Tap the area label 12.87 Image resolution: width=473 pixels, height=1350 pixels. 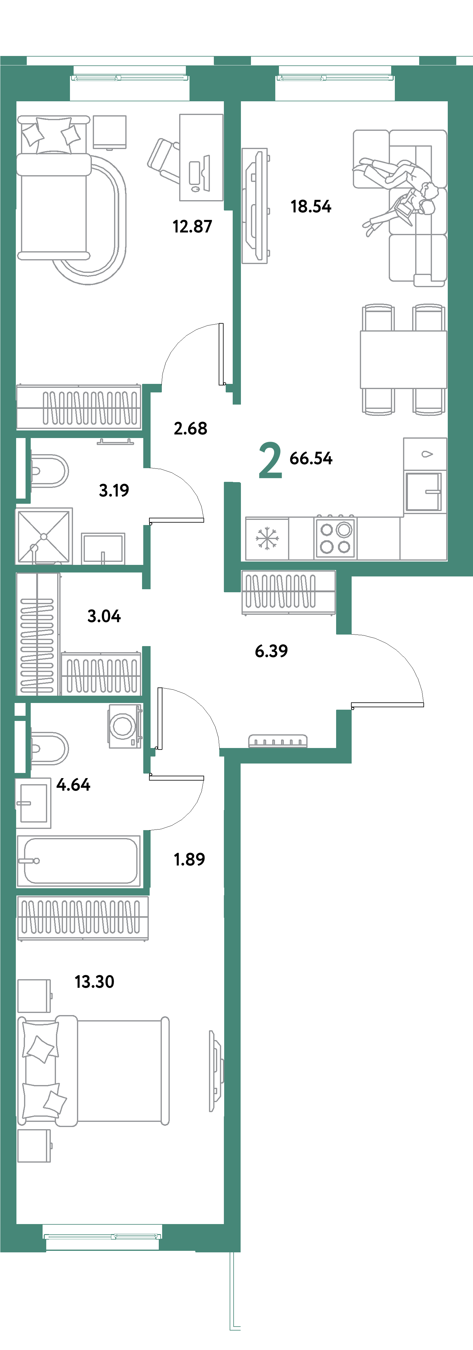(x=192, y=226)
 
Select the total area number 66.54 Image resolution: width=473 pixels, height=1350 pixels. (x=311, y=458)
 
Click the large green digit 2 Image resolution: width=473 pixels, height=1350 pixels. (x=270, y=461)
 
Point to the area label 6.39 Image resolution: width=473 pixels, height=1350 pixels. (x=271, y=651)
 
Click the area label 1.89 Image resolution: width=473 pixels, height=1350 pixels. (x=189, y=859)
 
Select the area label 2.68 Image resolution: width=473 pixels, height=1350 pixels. (x=191, y=428)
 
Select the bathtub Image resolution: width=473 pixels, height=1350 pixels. (x=78, y=861)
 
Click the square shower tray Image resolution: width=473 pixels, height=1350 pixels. (x=44, y=536)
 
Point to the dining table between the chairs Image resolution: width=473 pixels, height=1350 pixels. (x=403, y=360)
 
